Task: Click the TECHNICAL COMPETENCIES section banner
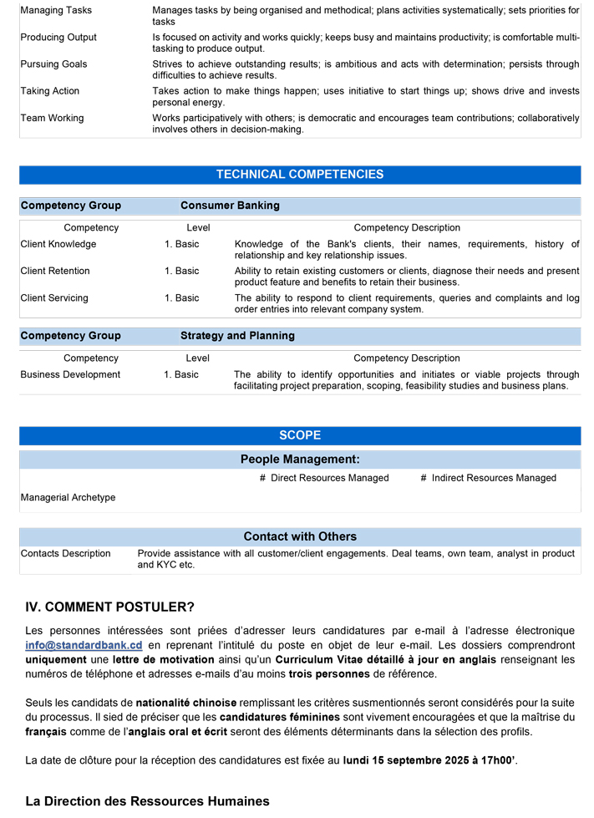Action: point(300,175)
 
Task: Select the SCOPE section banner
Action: point(300,435)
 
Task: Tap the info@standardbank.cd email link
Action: point(84,645)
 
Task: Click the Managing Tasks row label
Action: point(56,10)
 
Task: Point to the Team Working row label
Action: point(52,118)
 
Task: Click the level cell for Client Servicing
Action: point(181,297)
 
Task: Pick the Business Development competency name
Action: point(70,374)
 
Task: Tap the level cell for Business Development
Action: point(181,374)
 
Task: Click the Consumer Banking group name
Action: point(230,206)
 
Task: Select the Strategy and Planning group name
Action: point(237,336)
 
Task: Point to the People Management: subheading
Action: point(300,460)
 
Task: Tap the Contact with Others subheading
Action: point(300,536)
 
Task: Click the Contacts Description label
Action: point(65,553)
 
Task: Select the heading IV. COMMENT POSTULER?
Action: point(109,607)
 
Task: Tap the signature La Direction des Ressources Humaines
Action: point(147,801)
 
